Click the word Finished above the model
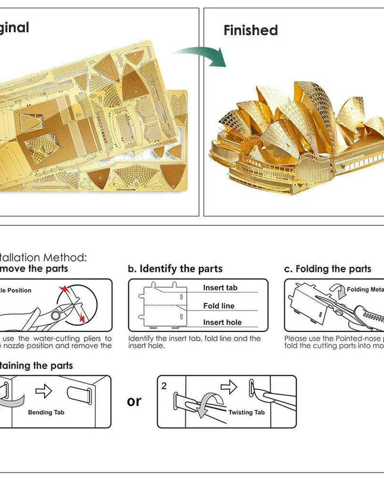coord(251,30)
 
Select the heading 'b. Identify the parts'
coord(176,269)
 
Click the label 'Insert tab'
coord(220,288)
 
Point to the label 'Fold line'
coord(219,306)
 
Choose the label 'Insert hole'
coord(221,322)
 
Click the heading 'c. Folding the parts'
coord(327,269)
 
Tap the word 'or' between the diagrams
coord(135,401)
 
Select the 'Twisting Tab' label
coord(246,412)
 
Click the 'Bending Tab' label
coord(46,412)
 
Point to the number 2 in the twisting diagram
coord(164,386)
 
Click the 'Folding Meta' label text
coord(366,290)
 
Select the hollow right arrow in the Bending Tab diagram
coord(43,392)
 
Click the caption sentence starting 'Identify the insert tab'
coord(194,342)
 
